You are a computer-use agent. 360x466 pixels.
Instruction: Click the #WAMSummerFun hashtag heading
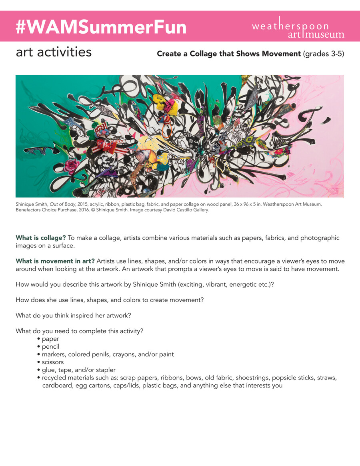(101, 27)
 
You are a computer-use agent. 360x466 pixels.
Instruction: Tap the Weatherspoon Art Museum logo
(298, 27)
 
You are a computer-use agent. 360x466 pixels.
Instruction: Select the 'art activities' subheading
(54, 52)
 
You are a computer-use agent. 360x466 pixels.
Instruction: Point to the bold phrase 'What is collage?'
(41, 238)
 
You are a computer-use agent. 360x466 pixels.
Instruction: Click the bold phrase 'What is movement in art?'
(55, 261)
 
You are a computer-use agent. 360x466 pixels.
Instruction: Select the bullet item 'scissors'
(52, 362)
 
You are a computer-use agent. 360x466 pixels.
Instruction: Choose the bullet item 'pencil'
(50, 347)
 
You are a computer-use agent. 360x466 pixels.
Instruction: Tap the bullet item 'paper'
(50, 339)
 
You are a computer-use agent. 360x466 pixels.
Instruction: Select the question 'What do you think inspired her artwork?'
(73, 315)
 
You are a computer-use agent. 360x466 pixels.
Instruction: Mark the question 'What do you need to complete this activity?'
(80, 331)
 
